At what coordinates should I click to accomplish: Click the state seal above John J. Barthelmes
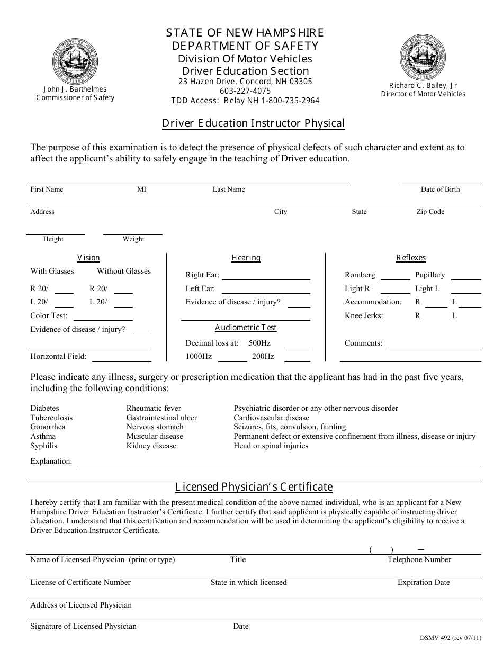click(75, 62)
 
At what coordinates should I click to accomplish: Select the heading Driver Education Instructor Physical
click(253, 124)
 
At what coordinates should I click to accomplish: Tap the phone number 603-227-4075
click(245, 91)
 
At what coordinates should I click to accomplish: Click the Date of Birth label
click(440, 189)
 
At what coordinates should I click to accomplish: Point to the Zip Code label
click(430, 212)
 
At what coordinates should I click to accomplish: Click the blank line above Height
click(55, 233)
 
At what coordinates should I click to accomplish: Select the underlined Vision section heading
click(88, 258)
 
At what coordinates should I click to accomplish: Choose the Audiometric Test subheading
click(246, 328)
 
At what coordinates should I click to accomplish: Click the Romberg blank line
click(395, 278)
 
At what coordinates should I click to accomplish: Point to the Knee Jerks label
click(364, 315)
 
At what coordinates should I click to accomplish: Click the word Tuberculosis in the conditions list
click(51, 418)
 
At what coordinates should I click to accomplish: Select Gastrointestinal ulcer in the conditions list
click(161, 418)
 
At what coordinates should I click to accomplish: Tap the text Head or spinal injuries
click(271, 446)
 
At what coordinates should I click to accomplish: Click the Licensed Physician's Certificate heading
click(254, 487)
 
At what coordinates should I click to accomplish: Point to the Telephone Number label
click(419, 559)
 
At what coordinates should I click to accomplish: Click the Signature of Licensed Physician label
click(83, 626)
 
